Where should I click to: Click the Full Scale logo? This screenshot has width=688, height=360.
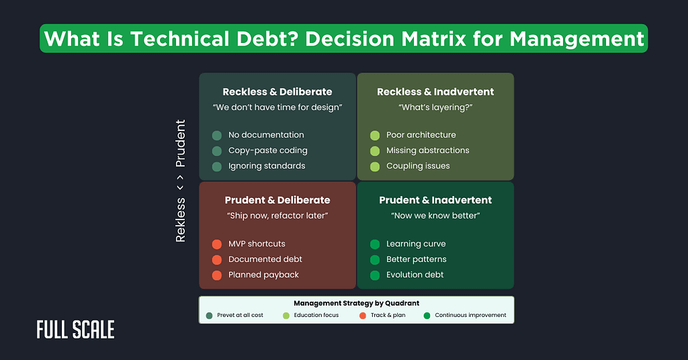[x=75, y=329]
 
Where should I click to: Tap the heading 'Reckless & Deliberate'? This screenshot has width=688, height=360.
[x=277, y=91]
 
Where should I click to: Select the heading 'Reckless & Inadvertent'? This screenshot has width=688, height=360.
[x=435, y=91]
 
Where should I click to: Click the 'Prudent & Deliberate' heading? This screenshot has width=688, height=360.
[x=277, y=199]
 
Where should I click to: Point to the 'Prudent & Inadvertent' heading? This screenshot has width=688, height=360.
[x=435, y=199]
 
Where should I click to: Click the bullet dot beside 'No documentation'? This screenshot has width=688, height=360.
[x=217, y=135]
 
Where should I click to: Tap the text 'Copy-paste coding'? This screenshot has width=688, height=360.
[x=267, y=150]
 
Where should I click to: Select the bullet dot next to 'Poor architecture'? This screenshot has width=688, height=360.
[x=375, y=135]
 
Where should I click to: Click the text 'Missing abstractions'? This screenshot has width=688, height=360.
[x=427, y=150]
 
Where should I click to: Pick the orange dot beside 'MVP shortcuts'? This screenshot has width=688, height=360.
[x=217, y=244]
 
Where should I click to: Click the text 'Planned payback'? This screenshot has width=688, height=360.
[x=263, y=275]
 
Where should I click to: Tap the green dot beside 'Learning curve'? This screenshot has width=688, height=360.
[x=375, y=244]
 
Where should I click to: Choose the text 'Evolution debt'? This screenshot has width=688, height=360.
[x=415, y=275]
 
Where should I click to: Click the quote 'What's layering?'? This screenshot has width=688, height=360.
[x=435, y=107]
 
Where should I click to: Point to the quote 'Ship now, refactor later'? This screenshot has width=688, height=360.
[x=277, y=216]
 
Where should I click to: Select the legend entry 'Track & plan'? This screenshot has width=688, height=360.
[x=388, y=315]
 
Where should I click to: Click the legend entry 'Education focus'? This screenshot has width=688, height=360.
[x=316, y=315]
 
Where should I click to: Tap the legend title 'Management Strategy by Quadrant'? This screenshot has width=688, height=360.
[x=356, y=304]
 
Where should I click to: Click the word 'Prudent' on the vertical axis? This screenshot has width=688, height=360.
[x=180, y=143]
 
